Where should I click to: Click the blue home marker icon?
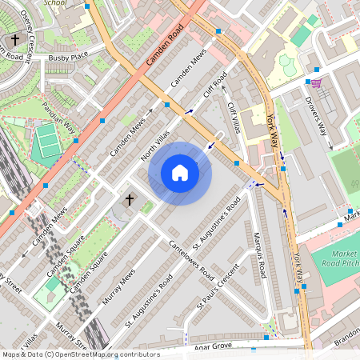coord(180,173)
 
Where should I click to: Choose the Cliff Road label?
coord(215,85)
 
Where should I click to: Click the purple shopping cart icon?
coord(316,83)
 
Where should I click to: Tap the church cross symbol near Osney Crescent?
coord(14,40)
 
